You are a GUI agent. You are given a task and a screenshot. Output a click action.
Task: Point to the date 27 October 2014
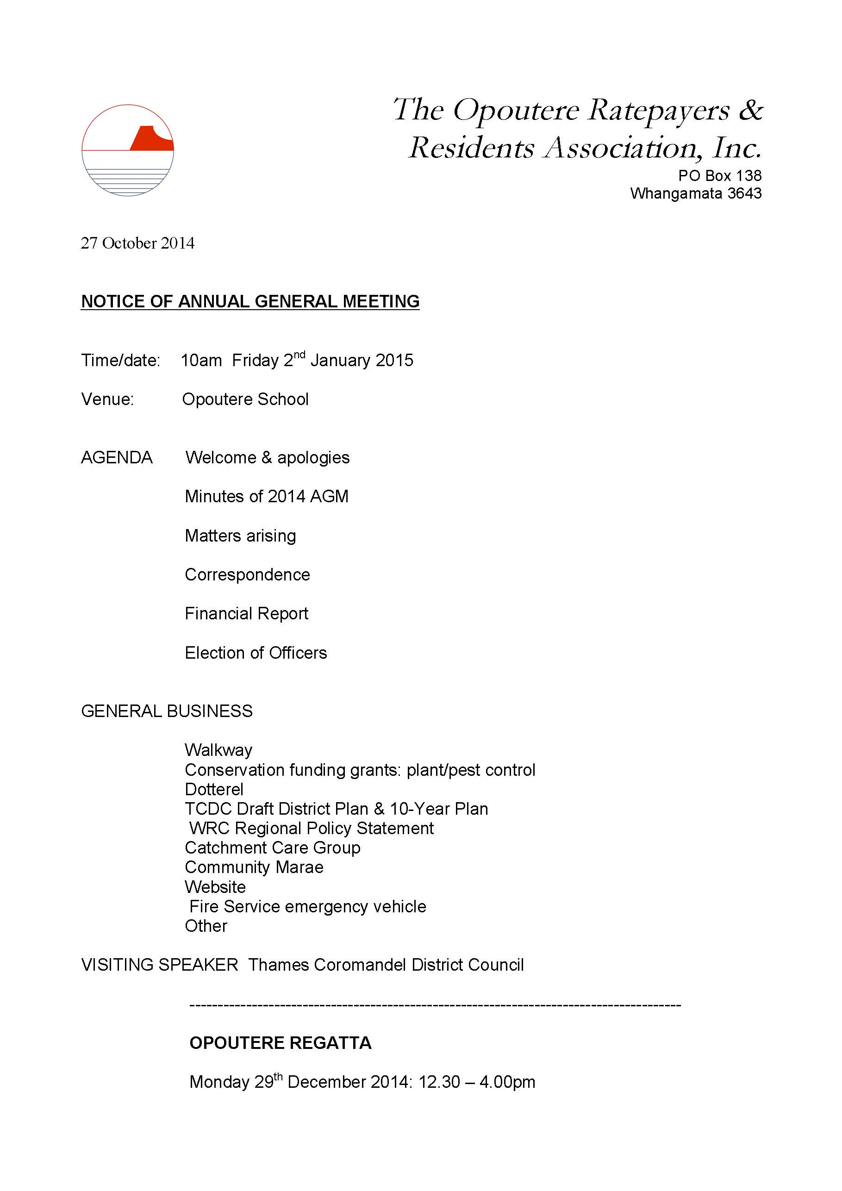coord(137,243)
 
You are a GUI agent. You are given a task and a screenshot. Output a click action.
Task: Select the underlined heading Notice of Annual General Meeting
coord(250,301)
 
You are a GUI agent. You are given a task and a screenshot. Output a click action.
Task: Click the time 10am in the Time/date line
coord(201,361)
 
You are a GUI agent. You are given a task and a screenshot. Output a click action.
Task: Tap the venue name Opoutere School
coord(245,399)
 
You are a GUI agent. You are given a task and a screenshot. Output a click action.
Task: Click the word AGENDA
coord(117,457)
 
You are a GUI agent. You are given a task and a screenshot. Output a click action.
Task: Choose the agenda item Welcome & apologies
coord(267,457)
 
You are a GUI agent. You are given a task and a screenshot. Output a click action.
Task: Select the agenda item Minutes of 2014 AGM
coord(267,496)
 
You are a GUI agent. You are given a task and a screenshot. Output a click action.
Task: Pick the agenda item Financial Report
coord(246,614)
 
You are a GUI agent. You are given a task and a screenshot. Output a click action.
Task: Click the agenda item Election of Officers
coord(256,653)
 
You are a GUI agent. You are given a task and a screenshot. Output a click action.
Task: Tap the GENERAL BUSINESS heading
coord(167,711)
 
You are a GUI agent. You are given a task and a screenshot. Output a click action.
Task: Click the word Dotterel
coord(214,790)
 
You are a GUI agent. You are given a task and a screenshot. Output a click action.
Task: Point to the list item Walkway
coord(218,750)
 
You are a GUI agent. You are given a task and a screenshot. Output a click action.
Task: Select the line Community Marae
coord(254,867)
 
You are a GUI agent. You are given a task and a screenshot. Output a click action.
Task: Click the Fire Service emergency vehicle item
coord(308,906)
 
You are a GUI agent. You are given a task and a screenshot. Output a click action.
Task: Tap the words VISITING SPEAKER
coord(159,965)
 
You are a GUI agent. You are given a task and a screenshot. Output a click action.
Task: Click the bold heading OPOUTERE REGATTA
coord(280,1043)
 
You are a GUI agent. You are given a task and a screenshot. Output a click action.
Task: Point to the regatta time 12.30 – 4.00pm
coord(477,1082)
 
